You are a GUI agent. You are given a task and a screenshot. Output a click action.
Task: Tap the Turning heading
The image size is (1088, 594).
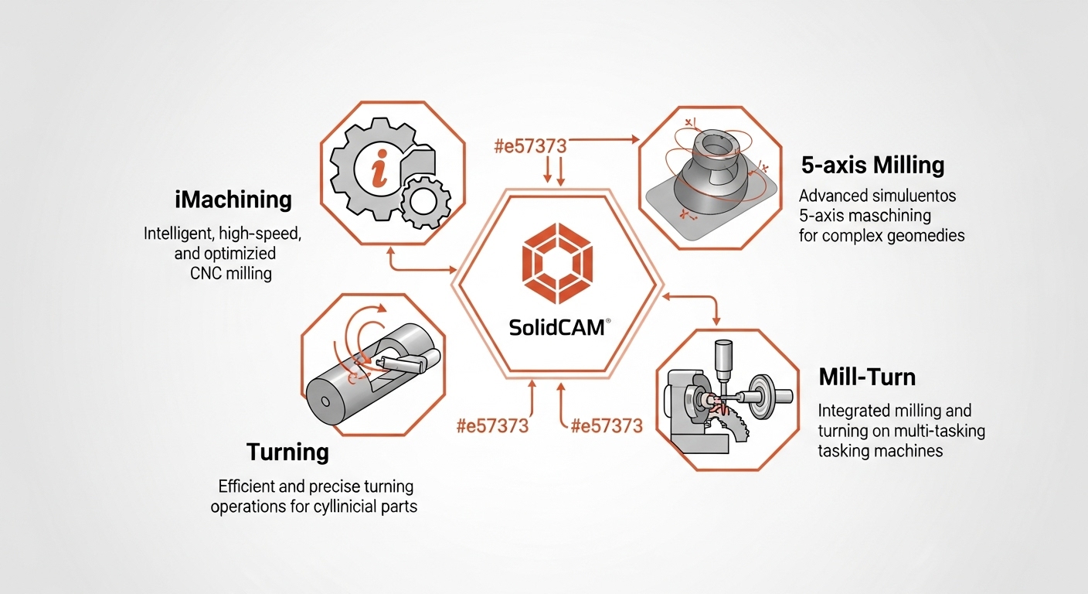[x=287, y=452]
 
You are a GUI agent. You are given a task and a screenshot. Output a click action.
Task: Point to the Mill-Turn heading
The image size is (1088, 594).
[x=867, y=377]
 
